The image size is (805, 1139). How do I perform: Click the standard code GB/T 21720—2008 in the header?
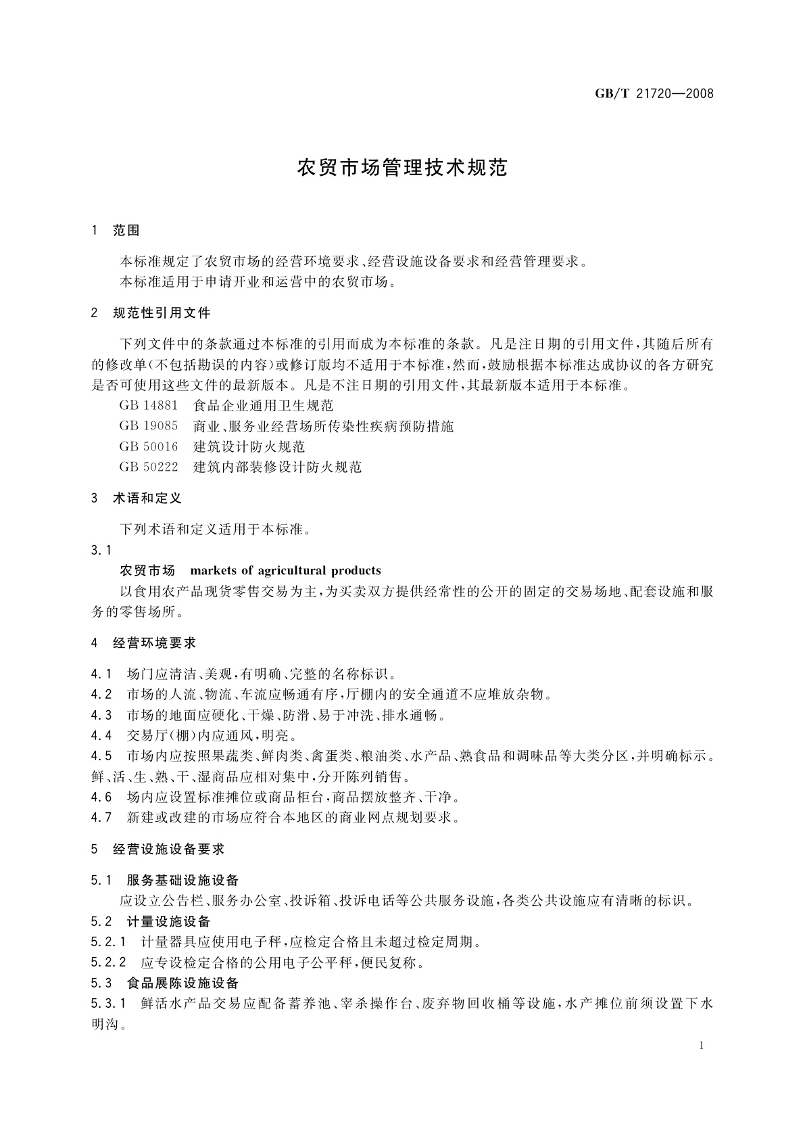pyautogui.click(x=654, y=93)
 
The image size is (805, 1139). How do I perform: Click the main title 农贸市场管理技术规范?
pyautogui.click(x=402, y=168)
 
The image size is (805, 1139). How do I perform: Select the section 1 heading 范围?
pyautogui.click(x=126, y=231)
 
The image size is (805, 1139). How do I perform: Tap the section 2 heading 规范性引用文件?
pyautogui.click(x=162, y=313)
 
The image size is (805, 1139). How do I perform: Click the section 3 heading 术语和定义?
pyautogui.click(x=147, y=498)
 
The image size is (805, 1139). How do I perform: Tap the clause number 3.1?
pyautogui.click(x=101, y=550)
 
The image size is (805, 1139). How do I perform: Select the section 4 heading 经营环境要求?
pyautogui.click(x=155, y=643)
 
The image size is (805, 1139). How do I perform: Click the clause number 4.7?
pyautogui.click(x=101, y=817)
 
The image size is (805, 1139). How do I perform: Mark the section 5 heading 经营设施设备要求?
pyautogui.click(x=168, y=849)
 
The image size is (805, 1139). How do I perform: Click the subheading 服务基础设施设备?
pyautogui.click(x=182, y=881)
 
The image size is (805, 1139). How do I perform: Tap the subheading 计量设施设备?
pyautogui.click(x=169, y=921)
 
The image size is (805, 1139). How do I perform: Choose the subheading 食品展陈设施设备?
pyautogui.click(x=182, y=983)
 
